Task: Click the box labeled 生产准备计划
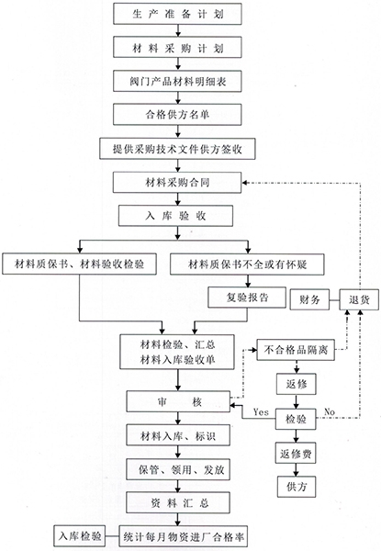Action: pyautogui.click(x=177, y=14)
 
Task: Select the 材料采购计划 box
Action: pyautogui.click(x=177, y=48)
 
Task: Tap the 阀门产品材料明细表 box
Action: pyautogui.click(x=177, y=82)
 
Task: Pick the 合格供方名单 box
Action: pyautogui.click(x=177, y=114)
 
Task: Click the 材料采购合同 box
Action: pyautogui.click(x=177, y=183)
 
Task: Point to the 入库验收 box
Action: pyautogui.click(x=176, y=216)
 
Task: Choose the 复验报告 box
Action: pyautogui.click(x=247, y=298)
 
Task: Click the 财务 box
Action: pyautogui.click(x=309, y=299)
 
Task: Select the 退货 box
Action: pyautogui.click(x=359, y=299)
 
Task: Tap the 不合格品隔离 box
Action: pyautogui.click(x=296, y=350)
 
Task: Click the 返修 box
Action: pyautogui.click(x=296, y=384)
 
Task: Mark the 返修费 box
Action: pyautogui.click(x=296, y=454)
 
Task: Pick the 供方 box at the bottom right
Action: pyautogui.click(x=297, y=487)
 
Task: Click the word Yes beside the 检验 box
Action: pyautogui.click(x=261, y=411)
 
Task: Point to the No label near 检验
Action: pyautogui.click(x=330, y=411)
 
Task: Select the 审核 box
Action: pyautogui.click(x=178, y=401)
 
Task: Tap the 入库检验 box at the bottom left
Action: pyautogui.click(x=80, y=536)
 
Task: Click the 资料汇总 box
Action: pyautogui.click(x=178, y=503)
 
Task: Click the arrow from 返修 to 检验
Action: pyautogui.click(x=296, y=401)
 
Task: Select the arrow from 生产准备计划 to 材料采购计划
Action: pyautogui.click(x=178, y=30)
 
